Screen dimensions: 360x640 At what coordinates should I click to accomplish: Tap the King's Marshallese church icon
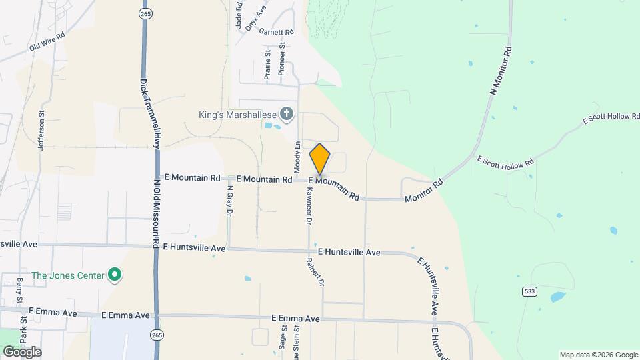287,114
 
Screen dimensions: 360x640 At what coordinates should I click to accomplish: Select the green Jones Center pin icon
115,275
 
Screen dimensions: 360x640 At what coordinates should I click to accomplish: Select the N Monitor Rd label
501,70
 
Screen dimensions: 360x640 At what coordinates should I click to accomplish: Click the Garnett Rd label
277,31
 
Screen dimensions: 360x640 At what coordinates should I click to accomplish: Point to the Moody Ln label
298,159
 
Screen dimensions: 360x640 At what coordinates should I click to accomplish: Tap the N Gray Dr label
229,199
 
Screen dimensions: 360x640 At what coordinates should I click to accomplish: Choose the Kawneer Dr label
309,204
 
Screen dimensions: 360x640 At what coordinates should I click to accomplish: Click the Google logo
22,351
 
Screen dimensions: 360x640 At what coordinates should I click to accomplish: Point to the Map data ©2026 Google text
597,355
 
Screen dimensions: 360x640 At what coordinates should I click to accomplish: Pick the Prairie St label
267,65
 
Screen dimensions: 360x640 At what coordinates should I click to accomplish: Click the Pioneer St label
282,58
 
